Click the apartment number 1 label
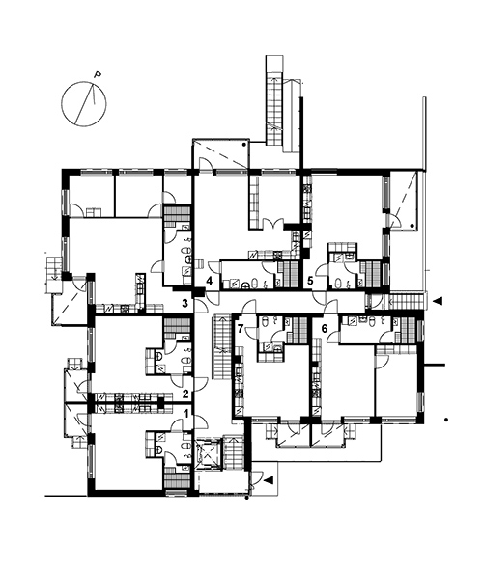(186, 413)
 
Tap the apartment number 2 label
(185, 394)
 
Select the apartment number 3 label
(185, 302)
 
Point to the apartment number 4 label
(209, 281)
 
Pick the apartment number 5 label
(310, 281)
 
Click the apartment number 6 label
(325, 328)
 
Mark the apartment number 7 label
(240, 328)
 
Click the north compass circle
(84, 104)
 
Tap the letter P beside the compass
(98, 74)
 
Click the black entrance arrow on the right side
(437, 301)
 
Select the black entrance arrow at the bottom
(269, 480)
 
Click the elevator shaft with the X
(209, 454)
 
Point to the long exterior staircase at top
(274, 100)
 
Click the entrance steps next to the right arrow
(408, 301)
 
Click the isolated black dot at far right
(446, 420)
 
